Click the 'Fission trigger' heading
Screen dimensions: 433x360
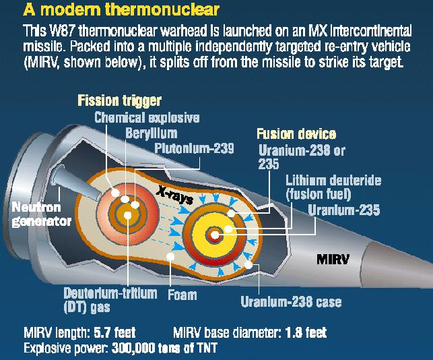pos(119,101)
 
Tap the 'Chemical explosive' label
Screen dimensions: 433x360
pos(147,118)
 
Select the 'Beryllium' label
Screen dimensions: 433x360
pos(151,133)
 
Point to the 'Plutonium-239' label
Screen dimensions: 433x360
pos(194,148)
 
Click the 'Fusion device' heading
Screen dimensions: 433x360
pos(296,134)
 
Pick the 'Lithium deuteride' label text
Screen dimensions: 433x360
pos(333,181)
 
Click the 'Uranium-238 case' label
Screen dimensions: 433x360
pos(291,301)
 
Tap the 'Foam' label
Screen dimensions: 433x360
pos(182,295)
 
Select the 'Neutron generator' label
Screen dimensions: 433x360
pos(42,214)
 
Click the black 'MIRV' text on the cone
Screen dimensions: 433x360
pos(333,260)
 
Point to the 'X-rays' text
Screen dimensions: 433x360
pos(174,195)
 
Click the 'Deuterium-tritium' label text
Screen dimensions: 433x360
pos(110,293)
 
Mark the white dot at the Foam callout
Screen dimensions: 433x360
pos(170,257)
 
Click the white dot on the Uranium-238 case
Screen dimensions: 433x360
pos(248,265)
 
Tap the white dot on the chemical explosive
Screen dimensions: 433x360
pos(115,193)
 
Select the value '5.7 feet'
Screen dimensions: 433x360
pos(114,332)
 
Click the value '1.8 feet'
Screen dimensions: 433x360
pos(306,332)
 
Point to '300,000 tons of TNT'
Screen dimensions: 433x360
pos(164,348)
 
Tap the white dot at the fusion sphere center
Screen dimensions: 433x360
pos(215,235)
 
